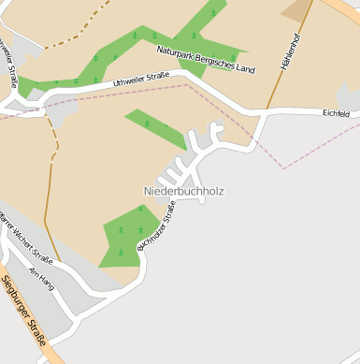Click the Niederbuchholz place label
click(183, 191)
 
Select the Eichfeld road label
click(336, 113)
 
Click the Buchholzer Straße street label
click(156, 229)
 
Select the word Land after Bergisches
click(244, 68)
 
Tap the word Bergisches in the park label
click(213, 61)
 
